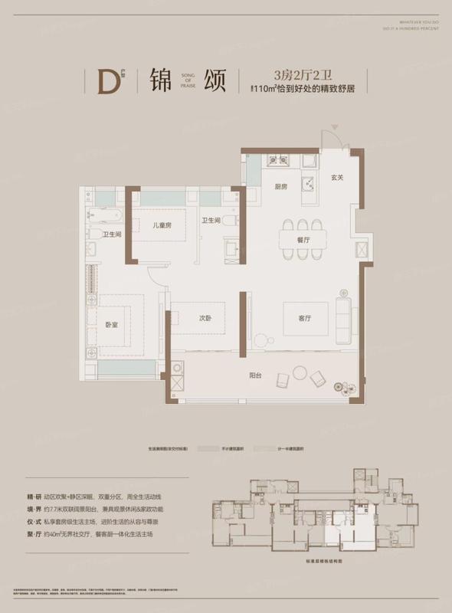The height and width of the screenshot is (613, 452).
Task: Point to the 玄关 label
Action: coord(336,179)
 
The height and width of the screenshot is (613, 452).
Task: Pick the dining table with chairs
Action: coord(303,234)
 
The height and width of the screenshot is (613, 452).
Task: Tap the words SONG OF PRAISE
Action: coord(189,80)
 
